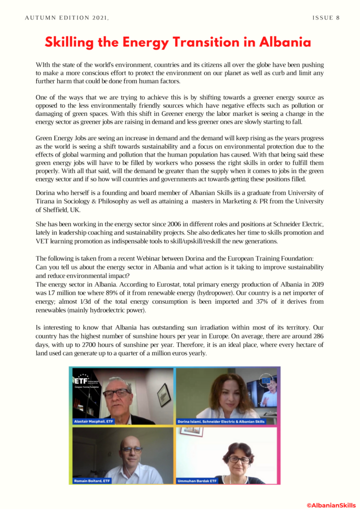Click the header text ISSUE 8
[x=326, y=18]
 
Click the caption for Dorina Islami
[x=221, y=422]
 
